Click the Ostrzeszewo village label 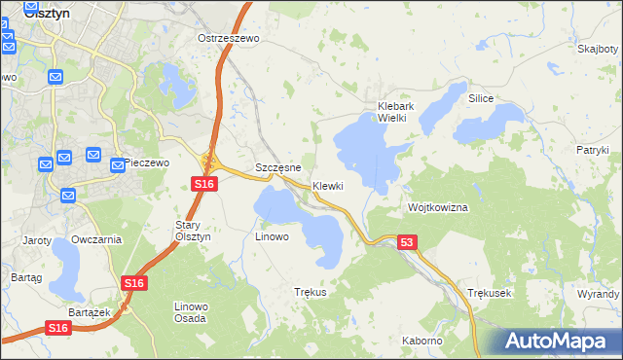pos(228,38)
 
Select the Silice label pos(482,99)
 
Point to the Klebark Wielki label pos(397,112)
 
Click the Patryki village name pos(592,150)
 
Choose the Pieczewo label pos(147,162)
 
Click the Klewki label pos(328,186)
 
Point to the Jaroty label pos(36,238)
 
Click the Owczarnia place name pos(96,238)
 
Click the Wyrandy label pos(598,293)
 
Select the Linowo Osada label pos(190,312)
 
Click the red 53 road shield pos(407,241)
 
